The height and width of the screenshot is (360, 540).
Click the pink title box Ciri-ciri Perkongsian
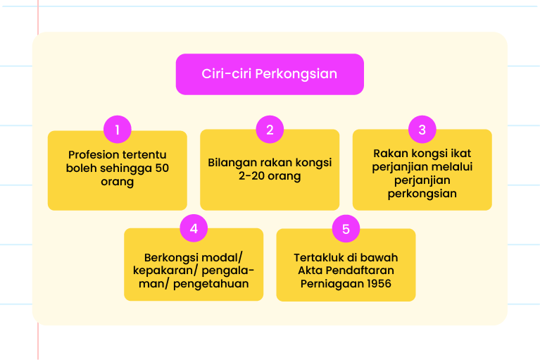[x=270, y=74]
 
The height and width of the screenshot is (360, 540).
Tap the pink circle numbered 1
[x=118, y=130]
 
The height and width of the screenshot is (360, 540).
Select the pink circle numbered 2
[x=270, y=130]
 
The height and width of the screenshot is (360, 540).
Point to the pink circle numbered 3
[x=422, y=130]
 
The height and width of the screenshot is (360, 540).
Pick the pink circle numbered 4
[x=194, y=228]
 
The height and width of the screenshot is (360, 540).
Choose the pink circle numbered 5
[x=346, y=229]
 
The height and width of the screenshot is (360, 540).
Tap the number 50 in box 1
[x=162, y=168]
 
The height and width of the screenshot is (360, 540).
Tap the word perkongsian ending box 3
[x=422, y=194]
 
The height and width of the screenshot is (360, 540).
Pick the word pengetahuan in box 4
[x=211, y=284]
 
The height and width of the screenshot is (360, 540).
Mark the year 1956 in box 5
[x=379, y=283]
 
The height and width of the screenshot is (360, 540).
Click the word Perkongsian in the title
[x=296, y=74]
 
